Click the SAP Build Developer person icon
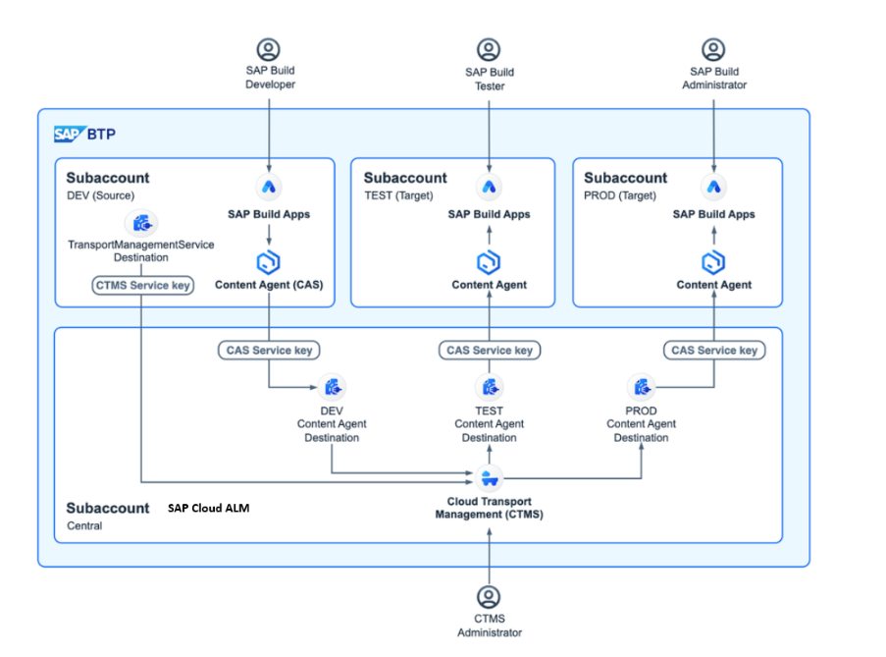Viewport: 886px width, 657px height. [268, 49]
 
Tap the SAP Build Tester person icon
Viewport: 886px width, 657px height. [489, 49]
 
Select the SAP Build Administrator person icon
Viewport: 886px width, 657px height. [713, 49]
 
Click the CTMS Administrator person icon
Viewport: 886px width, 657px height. [489, 596]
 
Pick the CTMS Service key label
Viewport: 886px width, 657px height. [143, 285]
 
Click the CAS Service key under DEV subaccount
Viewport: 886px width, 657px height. [268, 350]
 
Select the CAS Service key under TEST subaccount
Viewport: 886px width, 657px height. [489, 350]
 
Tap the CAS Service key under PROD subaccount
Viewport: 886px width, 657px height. [713, 350]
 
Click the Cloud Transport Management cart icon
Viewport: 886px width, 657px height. [489, 478]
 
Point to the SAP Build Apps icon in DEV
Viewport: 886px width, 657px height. [268, 187]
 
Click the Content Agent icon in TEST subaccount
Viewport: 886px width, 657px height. [489, 262]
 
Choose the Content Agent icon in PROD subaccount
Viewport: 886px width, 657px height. [713, 262]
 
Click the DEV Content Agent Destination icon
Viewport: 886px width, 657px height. [332, 387]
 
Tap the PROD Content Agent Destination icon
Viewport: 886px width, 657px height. [641, 387]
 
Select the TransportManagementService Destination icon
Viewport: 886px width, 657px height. [142, 223]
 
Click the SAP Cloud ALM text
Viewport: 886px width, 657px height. [208, 508]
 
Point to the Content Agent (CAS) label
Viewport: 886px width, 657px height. [269, 285]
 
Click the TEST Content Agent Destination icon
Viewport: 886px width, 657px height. [489, 387]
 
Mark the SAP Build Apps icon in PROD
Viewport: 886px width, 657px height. [713, 187]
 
